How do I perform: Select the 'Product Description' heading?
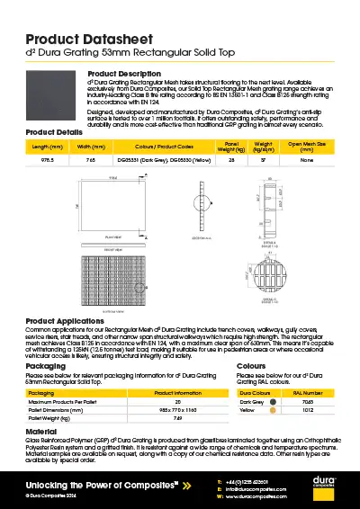tap(124, 73)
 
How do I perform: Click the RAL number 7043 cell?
tap(308, 401)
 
